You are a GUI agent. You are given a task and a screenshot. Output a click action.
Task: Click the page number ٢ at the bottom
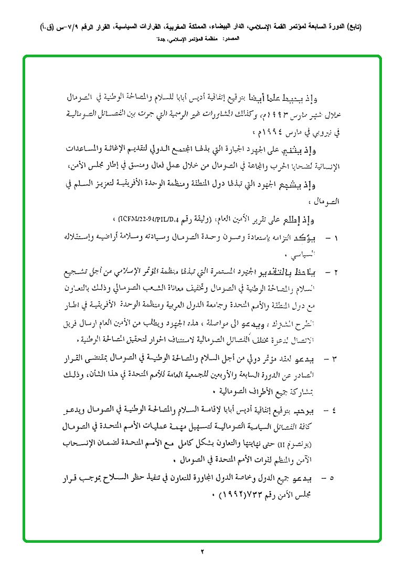[202, 551]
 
